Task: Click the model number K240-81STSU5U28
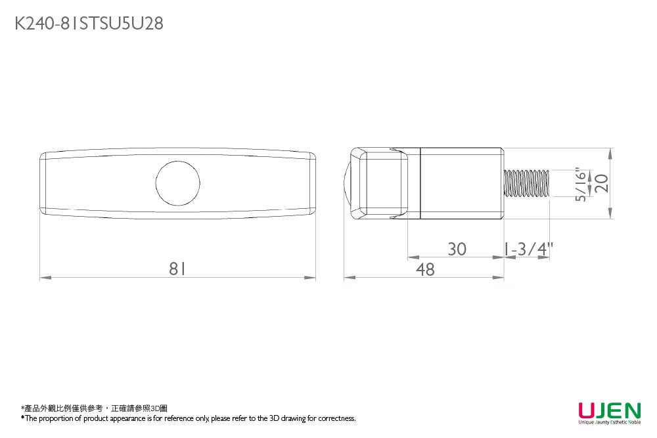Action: point(89,24)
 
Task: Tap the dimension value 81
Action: point(177,269)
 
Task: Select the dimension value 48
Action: point(426,269)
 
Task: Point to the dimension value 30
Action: point(457,250)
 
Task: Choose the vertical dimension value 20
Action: point(601,183)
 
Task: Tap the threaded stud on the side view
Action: point(526,183)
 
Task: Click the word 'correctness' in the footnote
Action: point(336,418)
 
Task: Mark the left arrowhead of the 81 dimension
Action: point(44,278)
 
